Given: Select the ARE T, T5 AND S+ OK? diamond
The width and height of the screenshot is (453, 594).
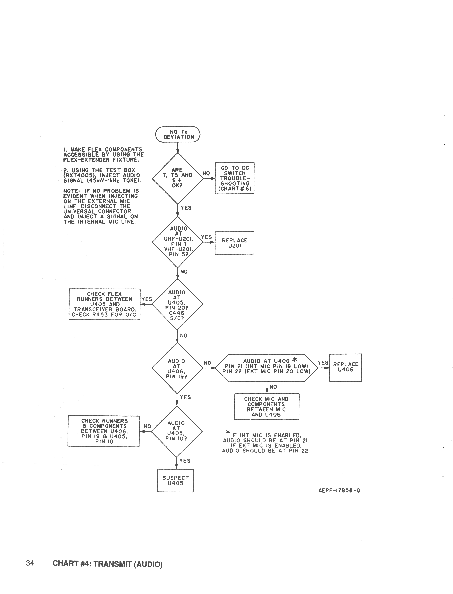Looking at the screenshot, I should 177,178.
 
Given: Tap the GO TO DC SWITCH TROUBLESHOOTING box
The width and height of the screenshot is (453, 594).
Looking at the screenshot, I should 234,178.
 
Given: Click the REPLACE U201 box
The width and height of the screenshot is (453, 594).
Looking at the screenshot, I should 234,243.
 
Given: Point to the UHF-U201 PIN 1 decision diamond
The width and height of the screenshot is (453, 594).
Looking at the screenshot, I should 177,242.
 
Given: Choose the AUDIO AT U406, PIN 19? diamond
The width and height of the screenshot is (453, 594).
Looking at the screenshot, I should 177,368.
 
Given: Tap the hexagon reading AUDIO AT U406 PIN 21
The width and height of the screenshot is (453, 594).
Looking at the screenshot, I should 266,368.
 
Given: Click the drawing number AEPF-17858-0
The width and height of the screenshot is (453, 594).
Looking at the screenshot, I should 339,490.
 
